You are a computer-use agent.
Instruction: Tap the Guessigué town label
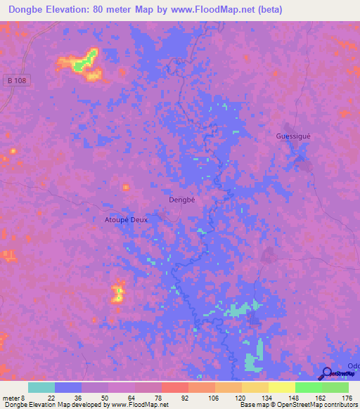(x=293, y=136)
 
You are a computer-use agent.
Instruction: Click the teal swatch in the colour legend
(x=41, y=387)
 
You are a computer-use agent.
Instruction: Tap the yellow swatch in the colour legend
(x=282, y=387)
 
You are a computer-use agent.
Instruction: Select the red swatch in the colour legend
(x=175, y=387)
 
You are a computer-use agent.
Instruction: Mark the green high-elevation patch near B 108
(x=84, y=60)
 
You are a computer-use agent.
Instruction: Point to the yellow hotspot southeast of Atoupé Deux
(x=118, y=292)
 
